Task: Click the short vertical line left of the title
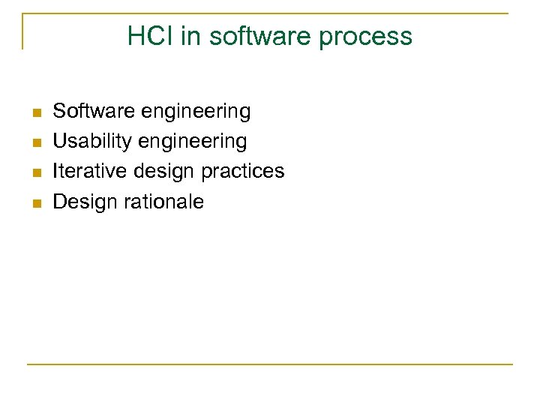tap(22, 31)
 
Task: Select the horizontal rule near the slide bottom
tap(269, 364)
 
